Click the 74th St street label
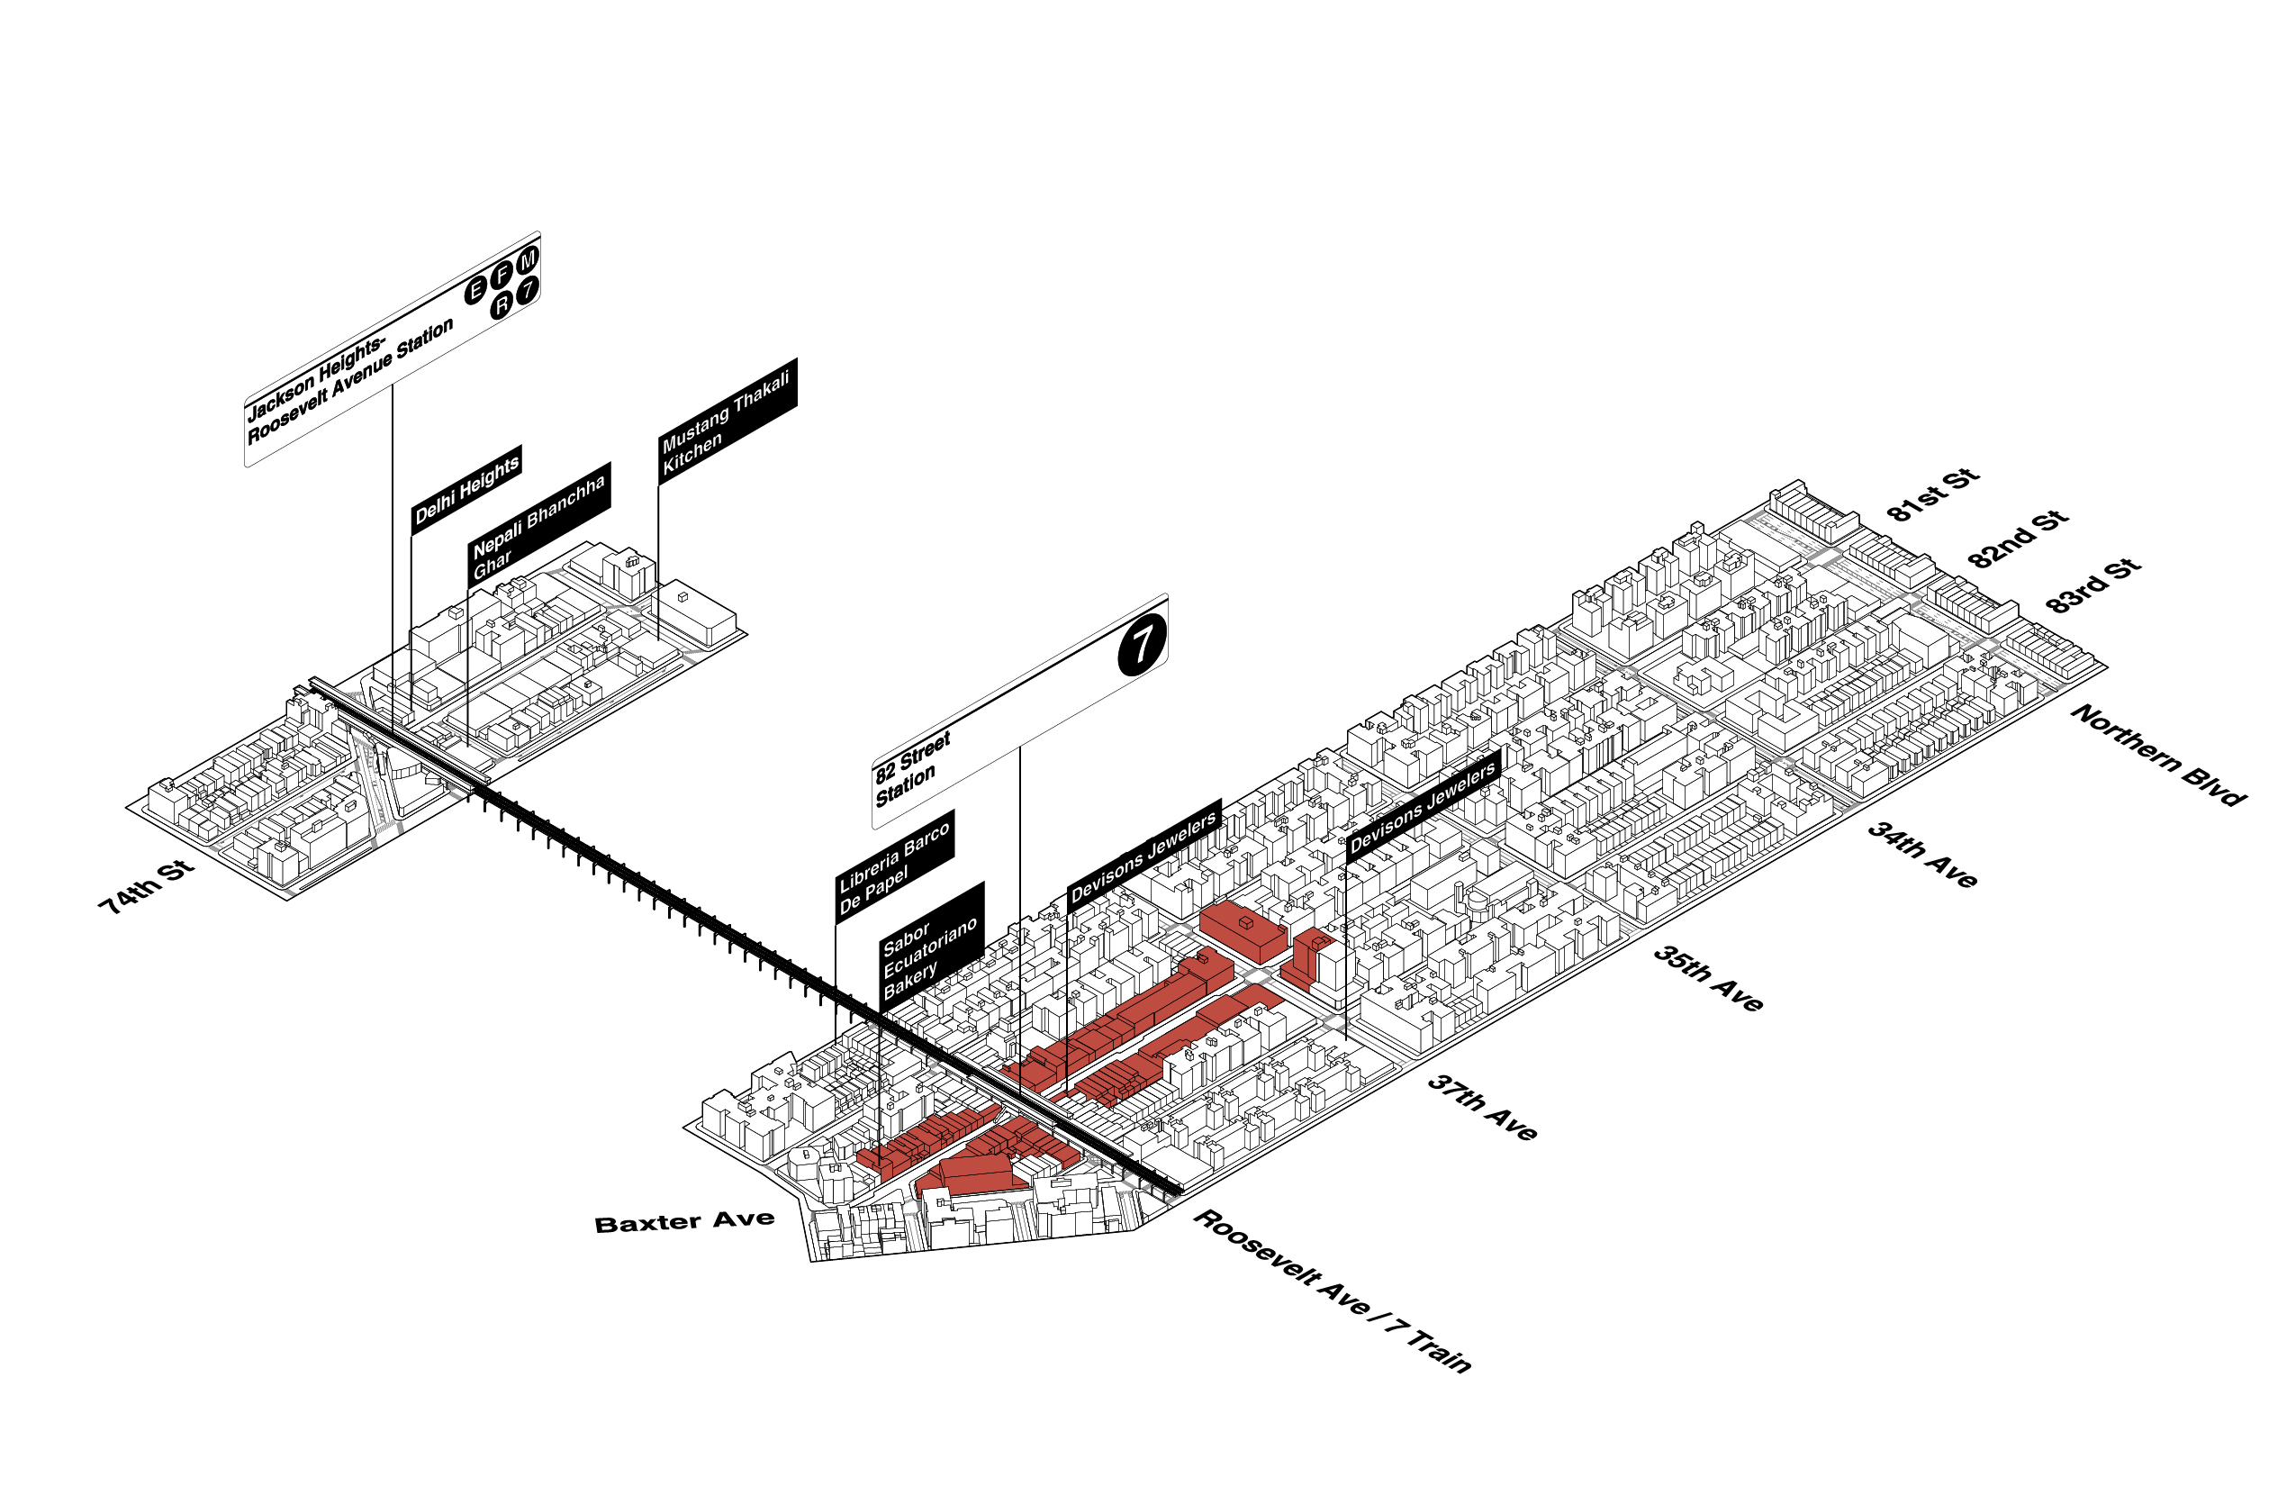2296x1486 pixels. [x=147, y=887]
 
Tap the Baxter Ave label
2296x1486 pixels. [x=684, y=1223]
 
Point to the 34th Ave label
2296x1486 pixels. [x=1921, y=854]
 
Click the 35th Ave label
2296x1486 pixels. [x=1707, y=978]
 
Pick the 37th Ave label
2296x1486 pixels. [x=1482, y=1108]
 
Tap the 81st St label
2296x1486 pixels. [x=1932, y=495]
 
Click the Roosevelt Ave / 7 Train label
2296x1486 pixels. [x=1333, y=1290]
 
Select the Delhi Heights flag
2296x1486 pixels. [x=467, y=489]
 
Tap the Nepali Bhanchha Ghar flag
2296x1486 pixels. [x=538, y=524]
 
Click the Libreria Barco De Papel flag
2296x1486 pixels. [x=893, y=866]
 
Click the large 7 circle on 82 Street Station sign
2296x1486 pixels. [x=1143, y=644]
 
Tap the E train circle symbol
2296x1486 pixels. [x=475, y=290]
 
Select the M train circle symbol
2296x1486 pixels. [x=527, y=260]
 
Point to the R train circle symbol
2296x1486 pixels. [x=501, y=305]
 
